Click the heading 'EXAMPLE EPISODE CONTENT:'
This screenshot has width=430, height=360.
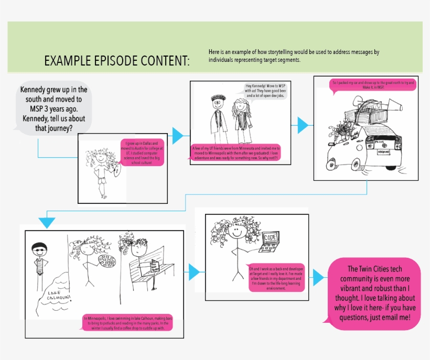click(117, 61)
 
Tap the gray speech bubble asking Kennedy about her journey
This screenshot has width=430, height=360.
click(53, 109)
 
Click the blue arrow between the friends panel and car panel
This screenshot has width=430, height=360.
click(303, 125)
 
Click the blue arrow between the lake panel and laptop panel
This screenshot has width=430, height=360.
click(194, 271)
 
